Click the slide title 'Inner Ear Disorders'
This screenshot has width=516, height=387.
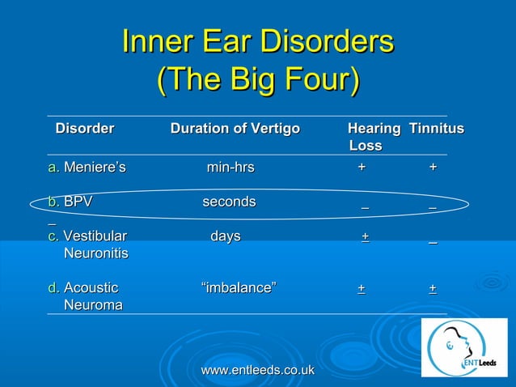257,42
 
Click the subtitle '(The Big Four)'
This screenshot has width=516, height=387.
257,81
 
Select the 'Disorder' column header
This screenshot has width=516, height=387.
84,129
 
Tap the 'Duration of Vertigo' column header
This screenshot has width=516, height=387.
235,129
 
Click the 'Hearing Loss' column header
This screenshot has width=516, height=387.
373,137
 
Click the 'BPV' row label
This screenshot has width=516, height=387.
78,202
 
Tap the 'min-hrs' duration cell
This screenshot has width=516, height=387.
231,168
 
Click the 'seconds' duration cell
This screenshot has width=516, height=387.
229,202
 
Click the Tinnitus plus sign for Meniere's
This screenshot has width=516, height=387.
433,167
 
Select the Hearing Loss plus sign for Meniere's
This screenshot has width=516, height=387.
362,167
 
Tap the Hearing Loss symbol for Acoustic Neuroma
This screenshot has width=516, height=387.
361,288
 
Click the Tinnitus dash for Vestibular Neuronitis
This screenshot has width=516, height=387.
434,240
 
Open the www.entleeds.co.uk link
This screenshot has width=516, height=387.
257,370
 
